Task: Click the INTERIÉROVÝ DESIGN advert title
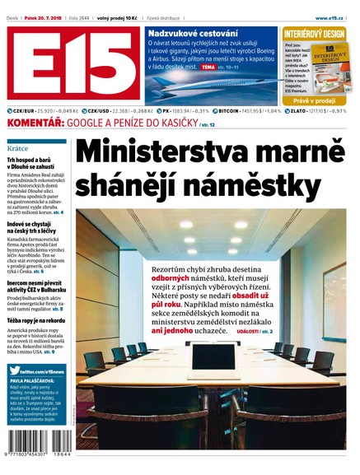pos(316,34)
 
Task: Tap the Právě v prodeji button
pos(316,100)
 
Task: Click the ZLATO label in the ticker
pos(306,110)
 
